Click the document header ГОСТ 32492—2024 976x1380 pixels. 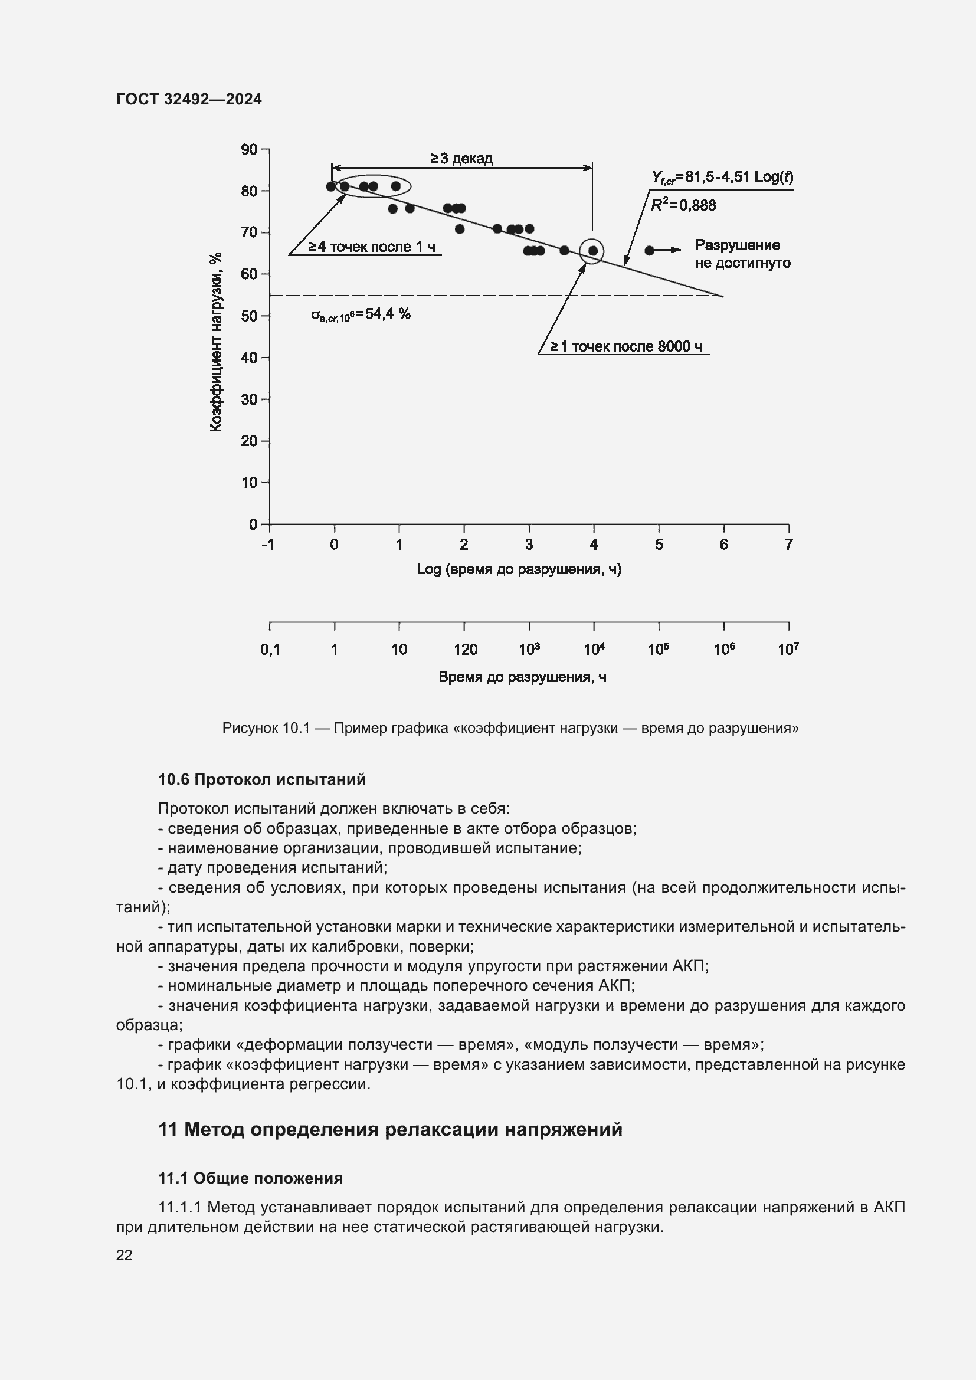pos(189,99)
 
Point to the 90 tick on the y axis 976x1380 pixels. pos(250,149)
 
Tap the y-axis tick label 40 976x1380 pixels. pos(250,358)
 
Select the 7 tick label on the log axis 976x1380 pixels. pos(788,545)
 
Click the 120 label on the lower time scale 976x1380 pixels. pos(465,650)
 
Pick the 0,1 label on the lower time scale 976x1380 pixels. pos(270,650)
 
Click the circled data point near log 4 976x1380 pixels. pos(592,251)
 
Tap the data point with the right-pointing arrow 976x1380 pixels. pos(649,251)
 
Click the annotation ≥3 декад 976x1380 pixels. pos(461,159)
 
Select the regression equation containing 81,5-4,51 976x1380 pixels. pos(722,178)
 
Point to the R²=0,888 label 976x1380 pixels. pos(684,205)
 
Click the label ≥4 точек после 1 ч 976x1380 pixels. pos(372,247)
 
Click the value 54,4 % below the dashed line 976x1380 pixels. pos(387,314)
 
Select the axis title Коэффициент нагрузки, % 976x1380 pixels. pos(216,342)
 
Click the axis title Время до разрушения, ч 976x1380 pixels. pos(522,677)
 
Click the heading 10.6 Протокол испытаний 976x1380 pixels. pos(261,779)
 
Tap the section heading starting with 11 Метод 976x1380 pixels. pos(390,1129)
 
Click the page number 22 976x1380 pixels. pos(125,1255)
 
